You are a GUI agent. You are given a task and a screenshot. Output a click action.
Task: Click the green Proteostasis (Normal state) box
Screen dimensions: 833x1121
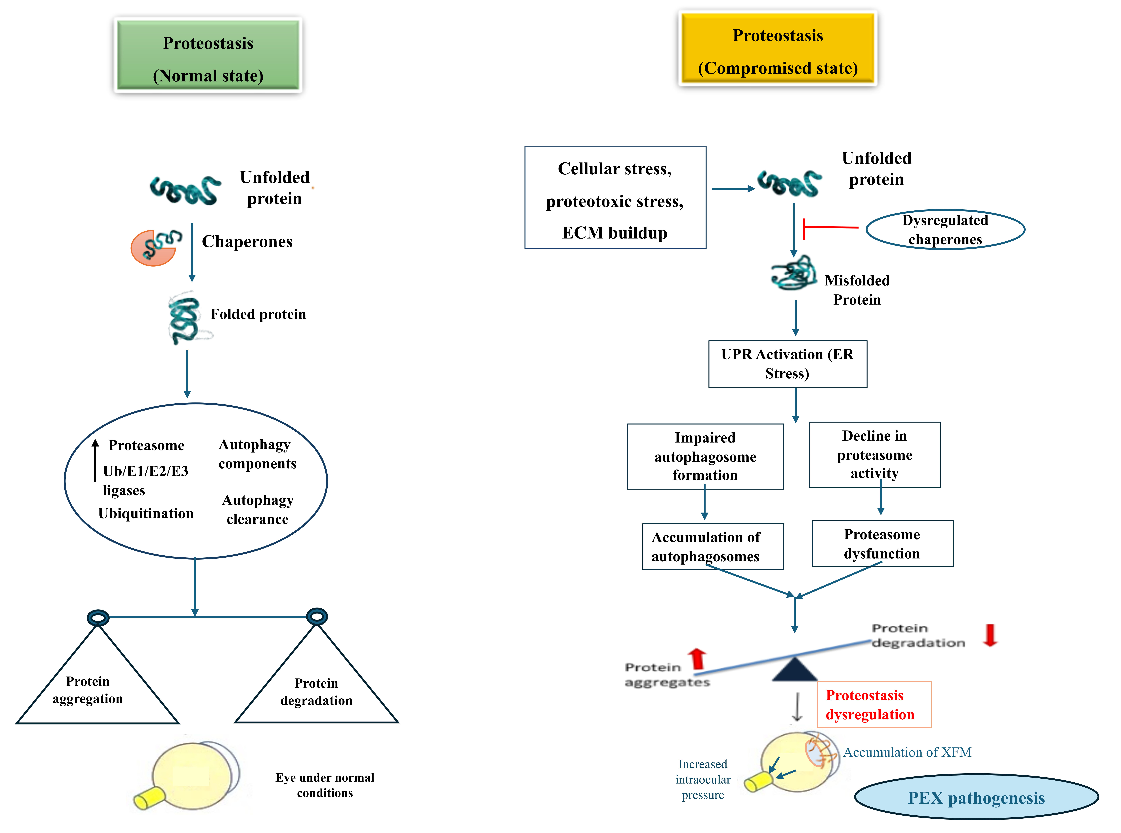tap(208, 55)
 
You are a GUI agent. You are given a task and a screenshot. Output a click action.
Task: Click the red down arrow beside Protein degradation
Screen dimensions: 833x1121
tap(990, 635)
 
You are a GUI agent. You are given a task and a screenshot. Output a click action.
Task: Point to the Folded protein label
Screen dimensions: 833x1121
tap(258, 314)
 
